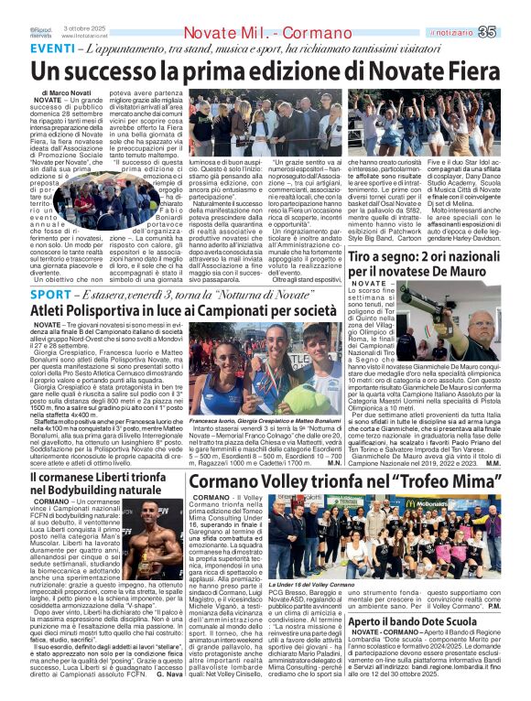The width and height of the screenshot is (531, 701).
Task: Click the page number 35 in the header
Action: (x=515, y=7)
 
